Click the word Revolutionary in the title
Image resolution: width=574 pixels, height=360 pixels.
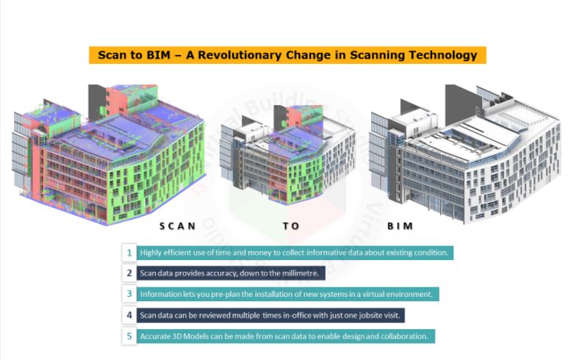pos(240,55)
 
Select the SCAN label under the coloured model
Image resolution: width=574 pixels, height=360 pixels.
pos(178,226)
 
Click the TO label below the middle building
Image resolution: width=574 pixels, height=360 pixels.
pos(291,226)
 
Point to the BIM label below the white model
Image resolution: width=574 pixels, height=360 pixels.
pos(400,226)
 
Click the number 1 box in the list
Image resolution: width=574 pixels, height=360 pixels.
pos(129,253)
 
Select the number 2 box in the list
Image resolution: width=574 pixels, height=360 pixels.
pos(129,273)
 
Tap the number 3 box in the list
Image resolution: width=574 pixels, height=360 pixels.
pos(129,294)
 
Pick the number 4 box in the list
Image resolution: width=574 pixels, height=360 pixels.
pos(129,315)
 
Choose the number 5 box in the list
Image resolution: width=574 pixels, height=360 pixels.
pos(129,336)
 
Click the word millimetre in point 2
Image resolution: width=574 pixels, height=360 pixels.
pos(300,273)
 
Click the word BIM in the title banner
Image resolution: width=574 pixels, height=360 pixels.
pos(159,55)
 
